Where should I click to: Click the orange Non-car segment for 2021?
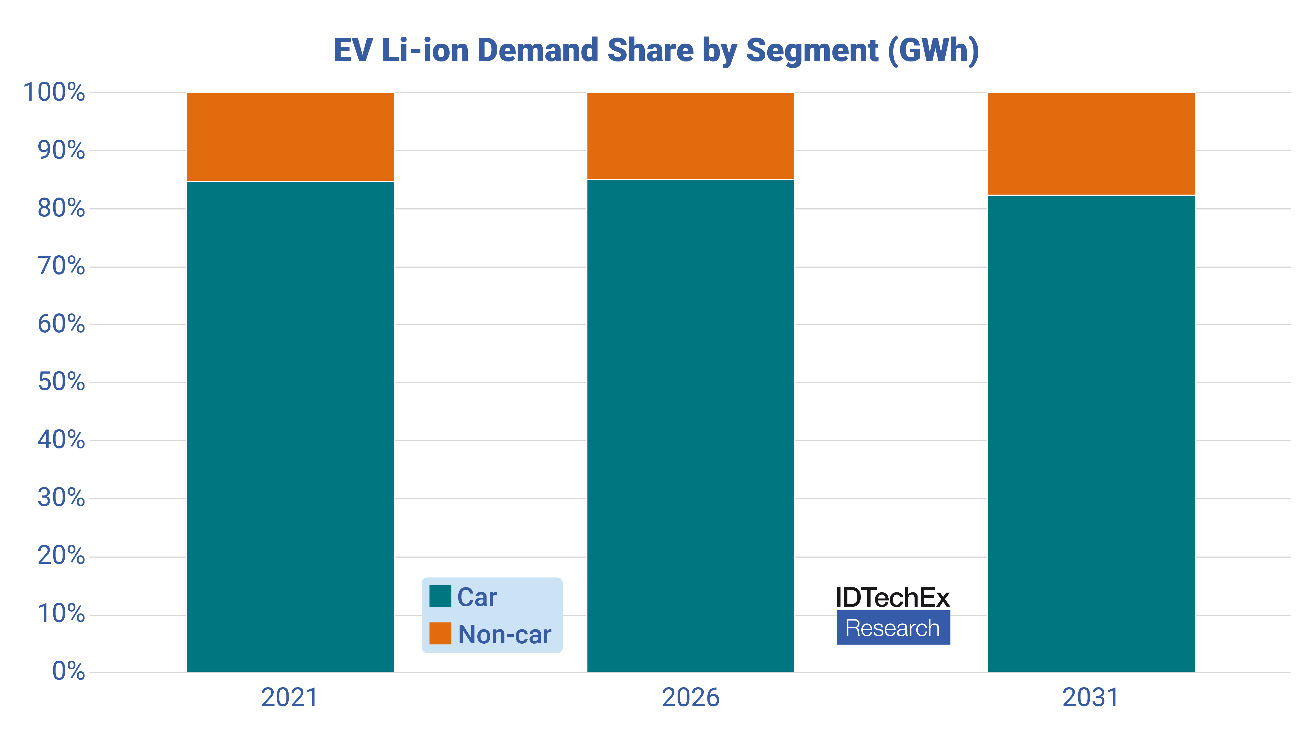click(x=290, y=137)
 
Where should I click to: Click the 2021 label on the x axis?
click(x=289, y=698)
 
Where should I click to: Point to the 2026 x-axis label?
click(x=691, y=698)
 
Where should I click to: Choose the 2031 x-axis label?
click(x=1091, y=698)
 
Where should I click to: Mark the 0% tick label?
click(x=68, y=671)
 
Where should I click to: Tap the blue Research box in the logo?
click(x=893, y=628)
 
